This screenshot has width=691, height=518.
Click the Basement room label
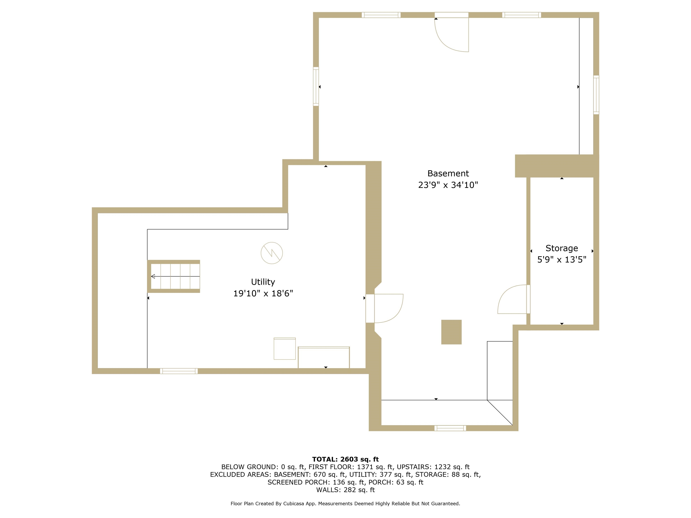[x=448, y=173]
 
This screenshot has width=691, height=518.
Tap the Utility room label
[x=263, y=282]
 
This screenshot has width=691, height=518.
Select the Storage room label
[x=561, y=248]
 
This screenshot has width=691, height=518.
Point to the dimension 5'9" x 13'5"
[x=561, y=259]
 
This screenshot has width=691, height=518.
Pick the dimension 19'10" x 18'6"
[x=263, y=293]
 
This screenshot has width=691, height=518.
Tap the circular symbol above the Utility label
[x=271, y=253]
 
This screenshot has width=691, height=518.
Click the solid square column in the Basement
[x=451, y=332]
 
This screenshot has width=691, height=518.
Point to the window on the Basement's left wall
[x=316, y=87]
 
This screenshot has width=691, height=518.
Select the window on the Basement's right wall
[x=596, y=95]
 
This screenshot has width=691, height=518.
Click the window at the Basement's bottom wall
[x=450, y=428]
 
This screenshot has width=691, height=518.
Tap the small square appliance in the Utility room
[x=285, y=348]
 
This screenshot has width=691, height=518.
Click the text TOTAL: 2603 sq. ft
[x=345, y=459]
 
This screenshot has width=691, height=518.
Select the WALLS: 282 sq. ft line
[x=345, y=490]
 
